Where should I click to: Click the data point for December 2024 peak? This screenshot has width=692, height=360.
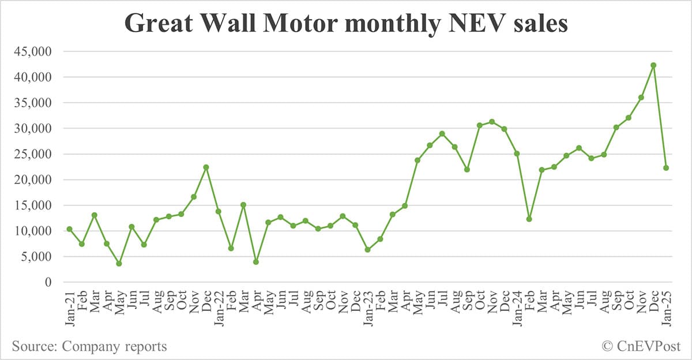tap(653, 65)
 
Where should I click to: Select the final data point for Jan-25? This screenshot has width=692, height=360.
tap(665, 168)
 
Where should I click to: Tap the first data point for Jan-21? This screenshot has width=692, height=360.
tap(69, 229)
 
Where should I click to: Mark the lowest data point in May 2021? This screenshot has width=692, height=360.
tap(119, 264)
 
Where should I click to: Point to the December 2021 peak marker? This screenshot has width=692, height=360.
tap(206, 167)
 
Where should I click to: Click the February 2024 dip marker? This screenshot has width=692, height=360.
tap(529, 219)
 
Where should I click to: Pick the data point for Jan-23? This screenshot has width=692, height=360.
tap(367, 250)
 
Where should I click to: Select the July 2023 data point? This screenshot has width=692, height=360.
tap(442, 134)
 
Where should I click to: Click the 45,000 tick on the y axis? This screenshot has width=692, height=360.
tap(32, 51)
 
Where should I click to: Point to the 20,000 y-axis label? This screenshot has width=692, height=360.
tap(32, 179)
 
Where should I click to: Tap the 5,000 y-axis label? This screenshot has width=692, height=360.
tap(35, 257)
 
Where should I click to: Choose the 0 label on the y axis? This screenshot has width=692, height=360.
tap(49, 282)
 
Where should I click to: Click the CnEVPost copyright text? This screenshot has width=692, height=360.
tap(641, 346)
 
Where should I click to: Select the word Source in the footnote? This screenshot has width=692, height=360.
tap(33, 346)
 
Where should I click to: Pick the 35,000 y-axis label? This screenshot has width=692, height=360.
tap(32, 103)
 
